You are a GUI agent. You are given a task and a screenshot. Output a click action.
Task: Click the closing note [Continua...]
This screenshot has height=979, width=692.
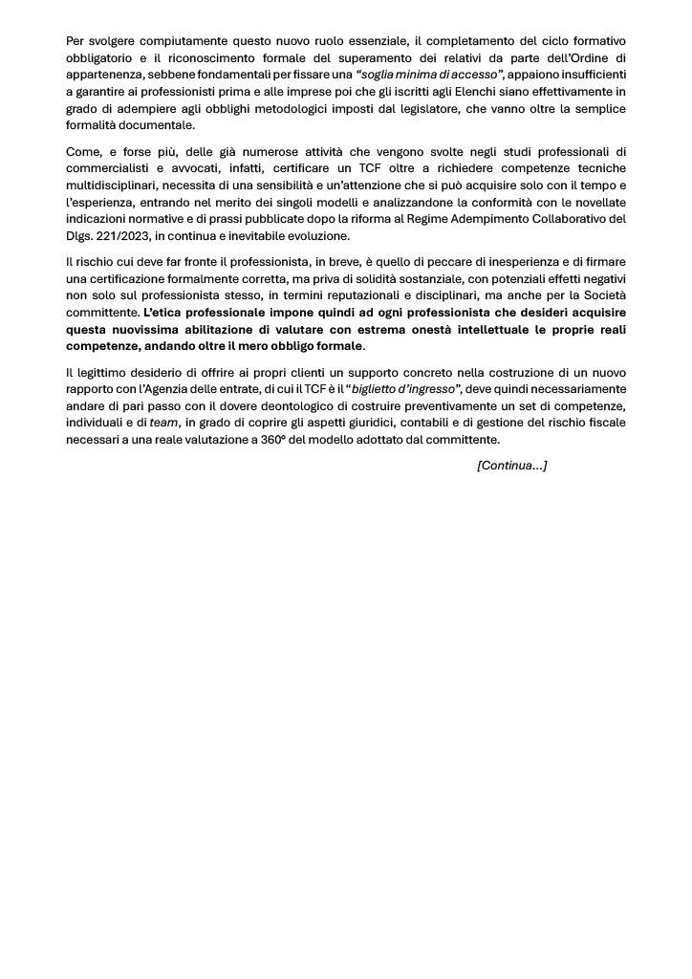point(511,466)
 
